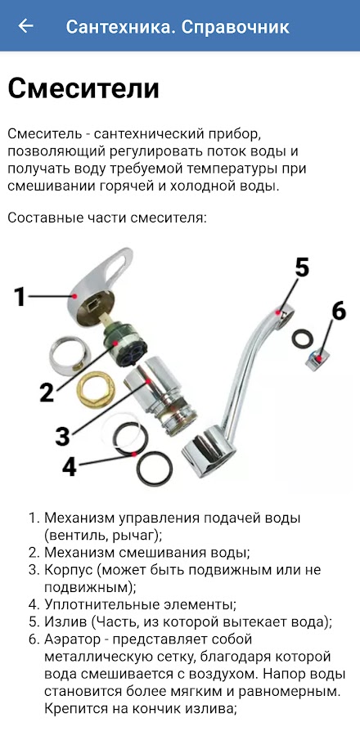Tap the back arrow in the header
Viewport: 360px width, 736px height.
click(25, 26)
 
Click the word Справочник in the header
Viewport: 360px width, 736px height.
click(236, 27)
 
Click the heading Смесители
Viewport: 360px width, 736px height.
click(83, 88)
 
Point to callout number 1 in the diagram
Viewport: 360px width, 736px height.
click(20, 296)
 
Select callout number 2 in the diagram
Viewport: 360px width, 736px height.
click(47, 392)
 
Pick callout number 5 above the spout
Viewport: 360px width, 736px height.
click(302, 267)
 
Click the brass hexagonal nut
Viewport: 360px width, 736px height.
click(96, 389)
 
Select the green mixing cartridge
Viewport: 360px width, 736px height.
click(125, 344)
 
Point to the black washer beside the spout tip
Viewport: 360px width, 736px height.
click(303, 338)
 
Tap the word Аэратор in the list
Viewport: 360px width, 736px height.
click(73, 640)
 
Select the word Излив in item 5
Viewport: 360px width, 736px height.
click(65, 622)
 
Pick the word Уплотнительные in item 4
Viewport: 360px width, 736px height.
click(98, 604)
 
